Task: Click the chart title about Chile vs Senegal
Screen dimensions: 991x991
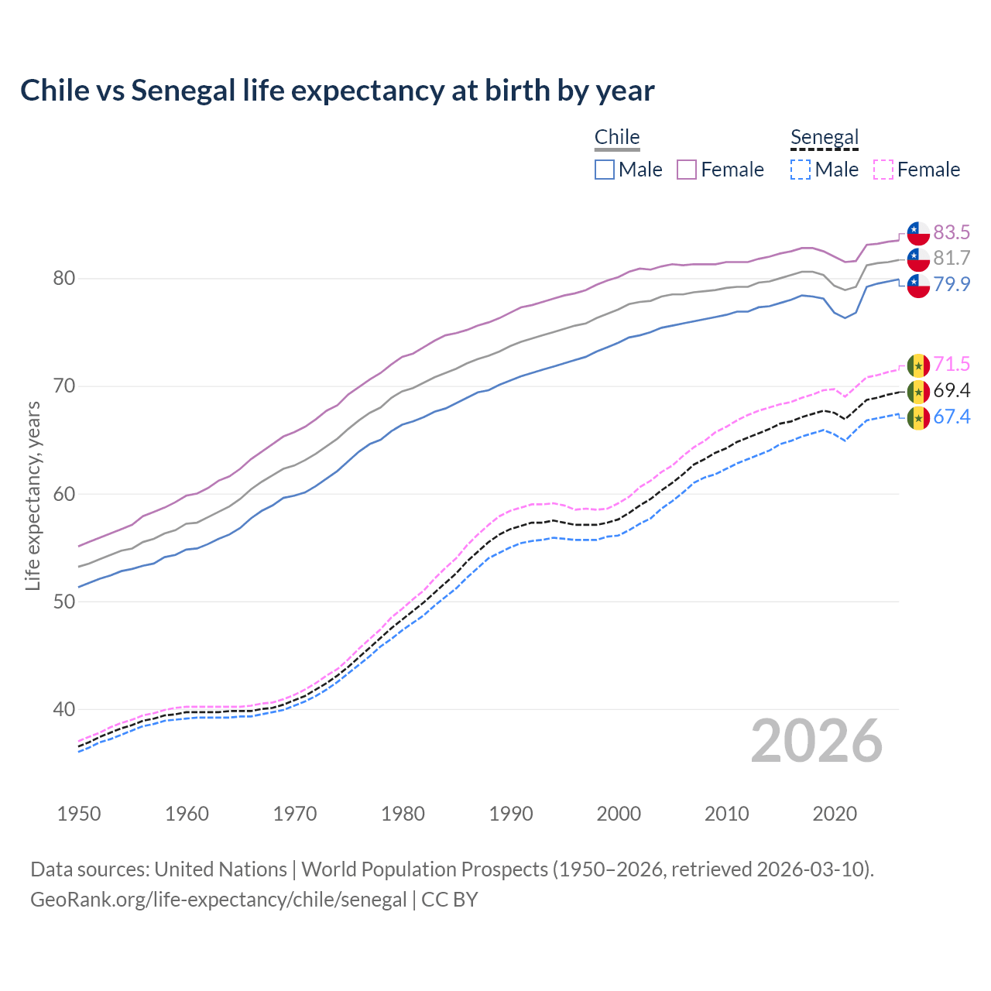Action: point(338,91)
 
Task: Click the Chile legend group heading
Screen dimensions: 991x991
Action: point(617,138)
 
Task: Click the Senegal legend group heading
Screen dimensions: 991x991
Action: point(825,138)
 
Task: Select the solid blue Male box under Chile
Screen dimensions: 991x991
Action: point(605,170)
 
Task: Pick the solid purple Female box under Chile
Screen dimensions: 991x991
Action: point(687,170)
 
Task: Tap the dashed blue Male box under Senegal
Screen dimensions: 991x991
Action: point(801,170)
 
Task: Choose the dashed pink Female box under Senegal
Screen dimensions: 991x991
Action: point(883,170)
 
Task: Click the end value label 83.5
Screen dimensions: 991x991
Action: point(952,232)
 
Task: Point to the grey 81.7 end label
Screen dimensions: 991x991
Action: point(952,258)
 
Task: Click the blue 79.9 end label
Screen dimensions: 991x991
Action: point(952,284)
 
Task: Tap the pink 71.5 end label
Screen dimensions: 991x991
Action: point(952,364)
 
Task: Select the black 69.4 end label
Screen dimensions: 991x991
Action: point(952,390)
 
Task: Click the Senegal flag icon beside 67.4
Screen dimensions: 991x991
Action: point(918,418)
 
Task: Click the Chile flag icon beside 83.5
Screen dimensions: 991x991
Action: point(918,232)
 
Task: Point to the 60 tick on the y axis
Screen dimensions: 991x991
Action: point(63,494)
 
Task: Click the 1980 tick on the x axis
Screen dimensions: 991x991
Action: point(403,814)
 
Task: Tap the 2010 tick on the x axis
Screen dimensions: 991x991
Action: point(726,814)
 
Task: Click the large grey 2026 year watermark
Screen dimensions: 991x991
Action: point(817,741)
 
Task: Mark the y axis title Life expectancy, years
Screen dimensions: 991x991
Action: point(33,495)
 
